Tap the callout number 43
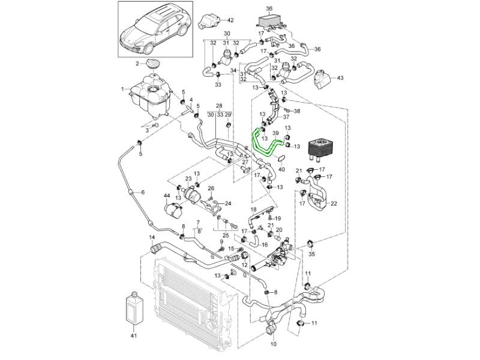click(340, 78)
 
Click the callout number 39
click(275, 133)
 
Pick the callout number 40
click(283, 170)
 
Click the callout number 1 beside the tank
click(122, 89)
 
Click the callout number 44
click(167, 196)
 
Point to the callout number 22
click(334, 203)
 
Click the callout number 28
click(219, 105)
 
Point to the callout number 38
click(297, 112)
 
